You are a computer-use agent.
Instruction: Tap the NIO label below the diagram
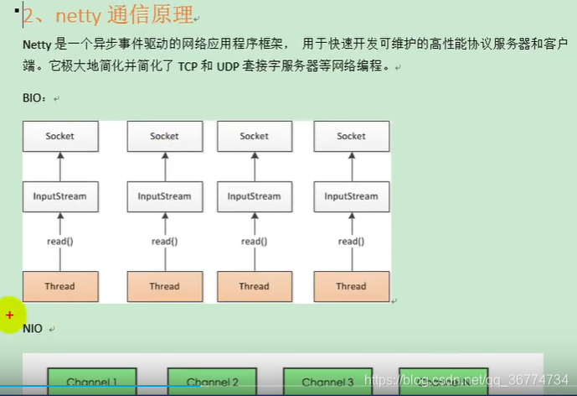point(33,329)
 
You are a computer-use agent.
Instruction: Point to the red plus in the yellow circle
point(10,315)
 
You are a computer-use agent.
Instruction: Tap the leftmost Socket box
point(60,136)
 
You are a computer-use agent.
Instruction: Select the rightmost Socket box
point(351,136)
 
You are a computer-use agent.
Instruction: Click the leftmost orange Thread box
point(60,286)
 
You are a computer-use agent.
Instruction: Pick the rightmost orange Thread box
point(351,286)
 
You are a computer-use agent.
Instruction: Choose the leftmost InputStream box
point(60,196)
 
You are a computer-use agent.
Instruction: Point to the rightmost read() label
point(351,242)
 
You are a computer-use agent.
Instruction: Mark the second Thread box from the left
point(164,286)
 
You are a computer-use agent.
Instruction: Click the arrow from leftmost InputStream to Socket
point(60,166)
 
